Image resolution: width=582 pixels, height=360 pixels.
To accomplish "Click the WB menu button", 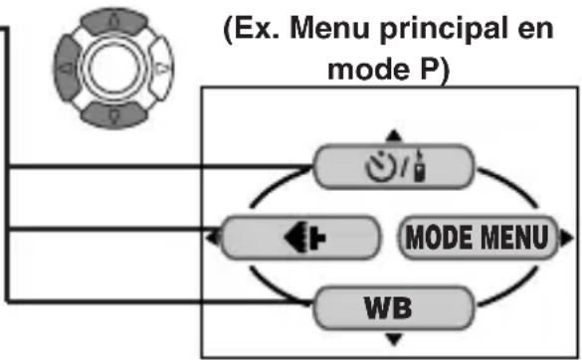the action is [394, 307].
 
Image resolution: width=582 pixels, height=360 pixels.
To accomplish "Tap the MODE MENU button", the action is [479, 237].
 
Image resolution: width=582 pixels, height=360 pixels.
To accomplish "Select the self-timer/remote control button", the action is [394, 167].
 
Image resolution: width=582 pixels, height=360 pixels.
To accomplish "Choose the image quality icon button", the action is [299, 237].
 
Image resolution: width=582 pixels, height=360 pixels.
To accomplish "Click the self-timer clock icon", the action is [380, 167].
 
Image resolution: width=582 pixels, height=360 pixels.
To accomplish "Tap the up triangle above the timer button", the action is [394, 135].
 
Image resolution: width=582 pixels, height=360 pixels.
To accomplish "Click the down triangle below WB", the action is [394, 339].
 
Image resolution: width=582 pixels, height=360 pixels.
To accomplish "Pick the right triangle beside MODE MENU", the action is [566, 238].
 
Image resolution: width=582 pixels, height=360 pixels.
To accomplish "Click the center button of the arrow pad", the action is [114, 68].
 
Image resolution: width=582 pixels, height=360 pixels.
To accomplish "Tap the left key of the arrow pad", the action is [67, 68].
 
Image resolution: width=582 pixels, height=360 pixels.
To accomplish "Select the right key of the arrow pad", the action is [162, 68].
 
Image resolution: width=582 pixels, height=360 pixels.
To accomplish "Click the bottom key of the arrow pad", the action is [114, 115].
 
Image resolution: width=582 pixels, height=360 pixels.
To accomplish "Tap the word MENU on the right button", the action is [515, 237].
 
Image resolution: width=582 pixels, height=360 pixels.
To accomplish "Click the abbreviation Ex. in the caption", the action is [257, 29].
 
